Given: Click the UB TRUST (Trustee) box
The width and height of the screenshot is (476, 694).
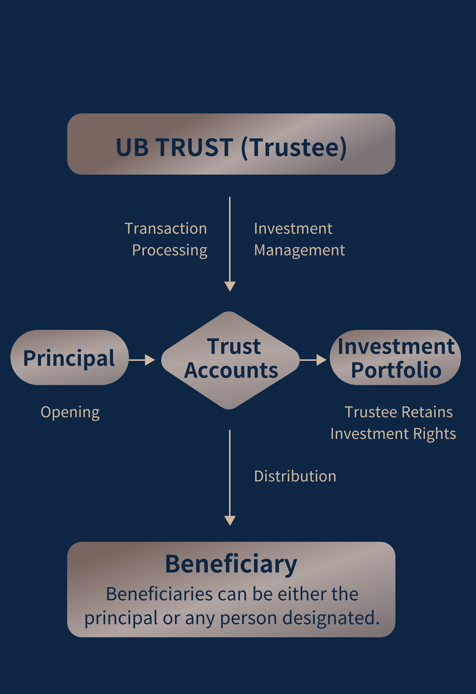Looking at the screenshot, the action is point(231,144).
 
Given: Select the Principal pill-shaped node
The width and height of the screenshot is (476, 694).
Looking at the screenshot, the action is point(70,357).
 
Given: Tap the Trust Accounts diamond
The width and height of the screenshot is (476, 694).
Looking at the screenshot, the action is point(230,360).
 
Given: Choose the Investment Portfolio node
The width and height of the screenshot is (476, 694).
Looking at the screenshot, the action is point(395,357).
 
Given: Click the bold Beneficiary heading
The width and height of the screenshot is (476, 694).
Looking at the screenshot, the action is point(231,564).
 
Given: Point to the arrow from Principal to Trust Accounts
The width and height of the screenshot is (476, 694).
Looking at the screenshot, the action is point(142,360).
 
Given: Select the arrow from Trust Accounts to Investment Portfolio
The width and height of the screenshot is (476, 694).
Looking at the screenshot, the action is point(313,360).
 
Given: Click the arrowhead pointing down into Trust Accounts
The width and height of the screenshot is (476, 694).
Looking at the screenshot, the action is point(230,287).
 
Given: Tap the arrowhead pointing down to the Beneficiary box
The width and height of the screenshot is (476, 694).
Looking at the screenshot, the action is point(230,521).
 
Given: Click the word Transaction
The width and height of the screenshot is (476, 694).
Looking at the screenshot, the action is point(166,228).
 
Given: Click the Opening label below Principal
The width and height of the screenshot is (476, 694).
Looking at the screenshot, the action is point(70,413).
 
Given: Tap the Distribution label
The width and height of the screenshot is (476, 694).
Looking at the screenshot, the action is point(295,476).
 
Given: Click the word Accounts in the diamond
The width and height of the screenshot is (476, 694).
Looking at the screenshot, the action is point(231,371).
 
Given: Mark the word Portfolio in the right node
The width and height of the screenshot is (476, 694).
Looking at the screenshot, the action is point(396,370).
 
